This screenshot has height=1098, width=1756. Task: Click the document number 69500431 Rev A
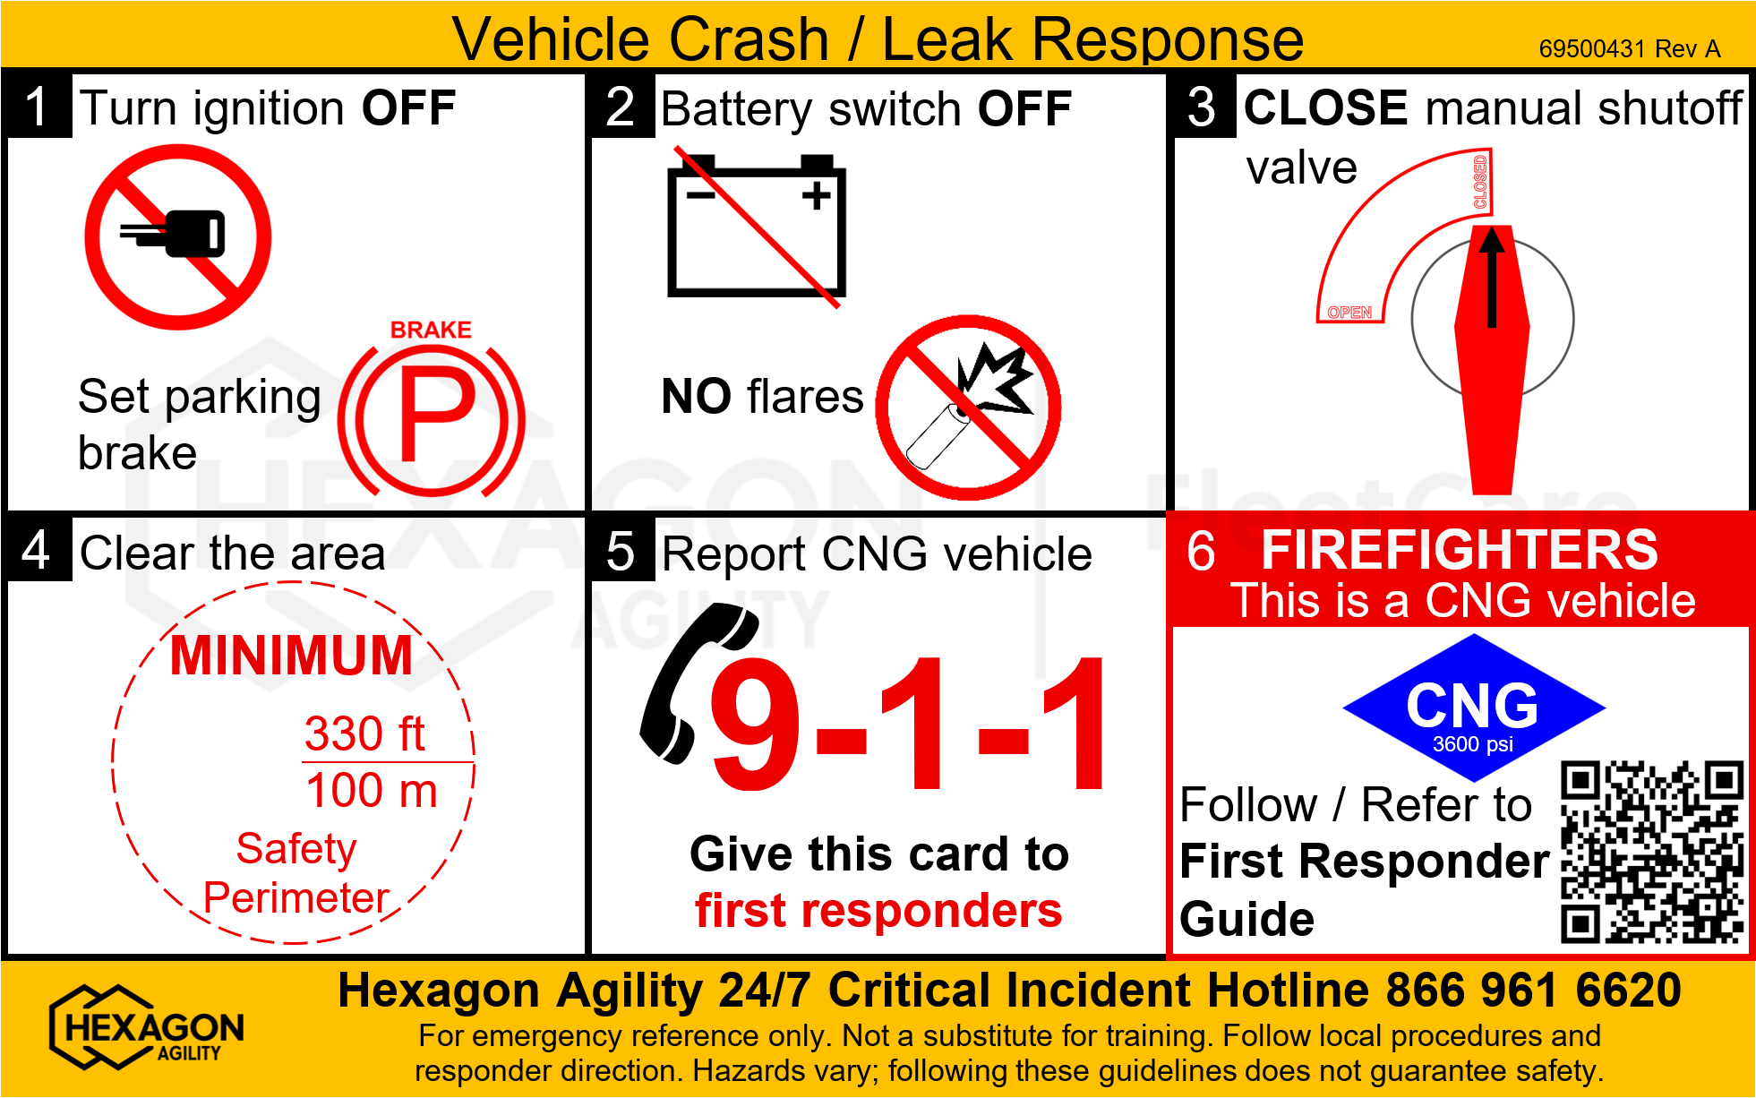[1630, 48]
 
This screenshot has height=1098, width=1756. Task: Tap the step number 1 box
[38, 106]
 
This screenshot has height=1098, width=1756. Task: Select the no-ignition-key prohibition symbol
[178, 237]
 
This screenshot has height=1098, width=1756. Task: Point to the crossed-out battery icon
[757, 227]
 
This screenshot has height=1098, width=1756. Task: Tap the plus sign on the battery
[816, 194]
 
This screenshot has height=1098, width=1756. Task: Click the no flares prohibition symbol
[968, 407]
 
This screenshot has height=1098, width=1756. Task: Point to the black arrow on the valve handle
[1491, 277]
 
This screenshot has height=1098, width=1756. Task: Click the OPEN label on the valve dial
[1349, 313]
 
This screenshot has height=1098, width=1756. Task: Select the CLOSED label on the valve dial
[1480, 182]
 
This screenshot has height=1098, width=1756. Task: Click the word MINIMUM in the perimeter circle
[291, 655]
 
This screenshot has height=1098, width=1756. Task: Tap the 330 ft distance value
[364, 733]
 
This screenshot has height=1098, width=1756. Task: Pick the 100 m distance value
[372, 791]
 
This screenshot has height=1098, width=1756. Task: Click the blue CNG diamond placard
[1474, 708]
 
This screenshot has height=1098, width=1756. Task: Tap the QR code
[1652, 852]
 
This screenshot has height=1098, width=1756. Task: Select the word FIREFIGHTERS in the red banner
[1460, 549]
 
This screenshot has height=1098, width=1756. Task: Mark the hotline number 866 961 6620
[1533, 991]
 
